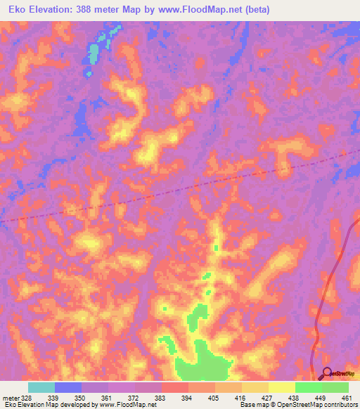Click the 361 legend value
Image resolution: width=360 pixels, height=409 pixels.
(x=108, y=398)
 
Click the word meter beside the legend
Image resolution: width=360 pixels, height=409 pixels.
(x=10, y=398)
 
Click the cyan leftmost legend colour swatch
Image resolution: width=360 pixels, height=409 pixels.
(x=41, y=387)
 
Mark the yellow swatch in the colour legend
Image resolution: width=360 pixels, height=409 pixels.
(x=281, y=387)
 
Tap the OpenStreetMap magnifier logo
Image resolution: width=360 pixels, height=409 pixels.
(x=328, y=373)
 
